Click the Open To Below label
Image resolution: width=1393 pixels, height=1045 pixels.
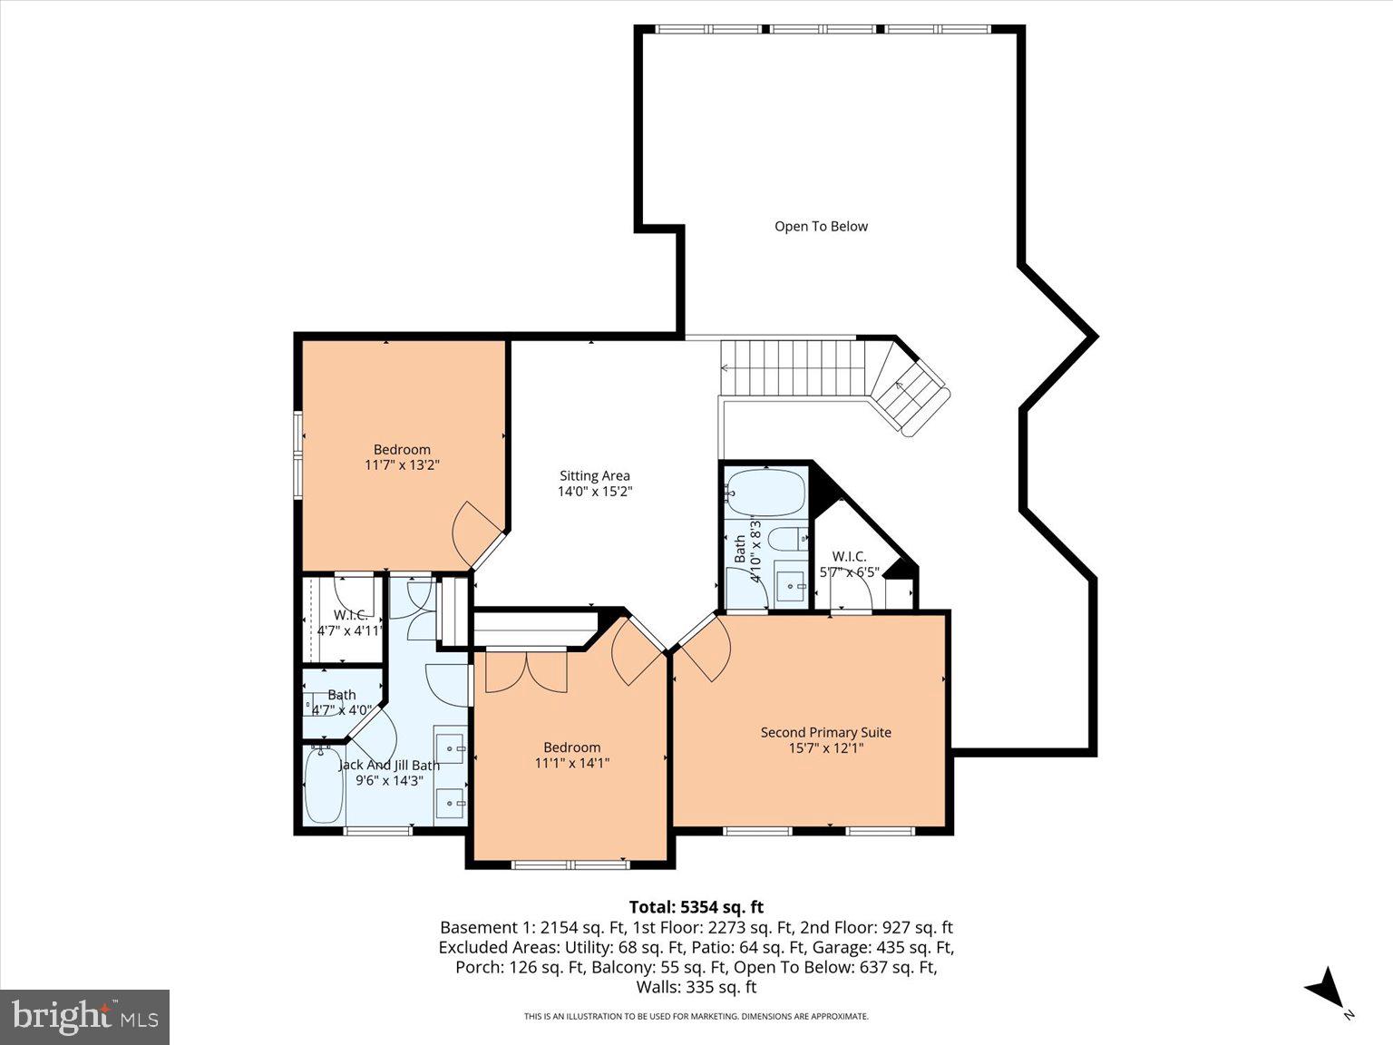point(821,227)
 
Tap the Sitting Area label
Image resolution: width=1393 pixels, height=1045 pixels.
point(594,475)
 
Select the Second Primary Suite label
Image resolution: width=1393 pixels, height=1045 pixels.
point(825,732)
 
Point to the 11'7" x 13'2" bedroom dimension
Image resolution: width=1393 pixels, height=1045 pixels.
point(402,465)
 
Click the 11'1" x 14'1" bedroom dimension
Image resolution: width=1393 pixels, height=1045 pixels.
point(571,764)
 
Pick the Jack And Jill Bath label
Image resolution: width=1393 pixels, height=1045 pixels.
point(389,765)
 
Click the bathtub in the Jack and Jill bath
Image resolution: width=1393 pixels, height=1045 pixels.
point(324,785)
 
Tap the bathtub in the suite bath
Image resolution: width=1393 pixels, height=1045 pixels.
point(766,493)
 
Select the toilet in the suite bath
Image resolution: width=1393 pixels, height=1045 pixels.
point(787,540)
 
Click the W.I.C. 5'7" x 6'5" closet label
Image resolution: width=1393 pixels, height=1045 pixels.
point(849,564)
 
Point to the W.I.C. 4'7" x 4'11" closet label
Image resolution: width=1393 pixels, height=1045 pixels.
point(349,622)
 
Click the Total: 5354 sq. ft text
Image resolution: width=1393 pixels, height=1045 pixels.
point(696,907)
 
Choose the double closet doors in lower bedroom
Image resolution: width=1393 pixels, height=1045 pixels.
point(526,671)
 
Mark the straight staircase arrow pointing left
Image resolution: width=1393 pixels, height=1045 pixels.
point(726,368)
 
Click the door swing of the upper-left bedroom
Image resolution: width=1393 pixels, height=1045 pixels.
point(473,528)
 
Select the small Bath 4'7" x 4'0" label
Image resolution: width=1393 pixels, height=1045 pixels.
point(342,702)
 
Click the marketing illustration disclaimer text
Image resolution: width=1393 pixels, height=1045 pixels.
point(696,1017)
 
